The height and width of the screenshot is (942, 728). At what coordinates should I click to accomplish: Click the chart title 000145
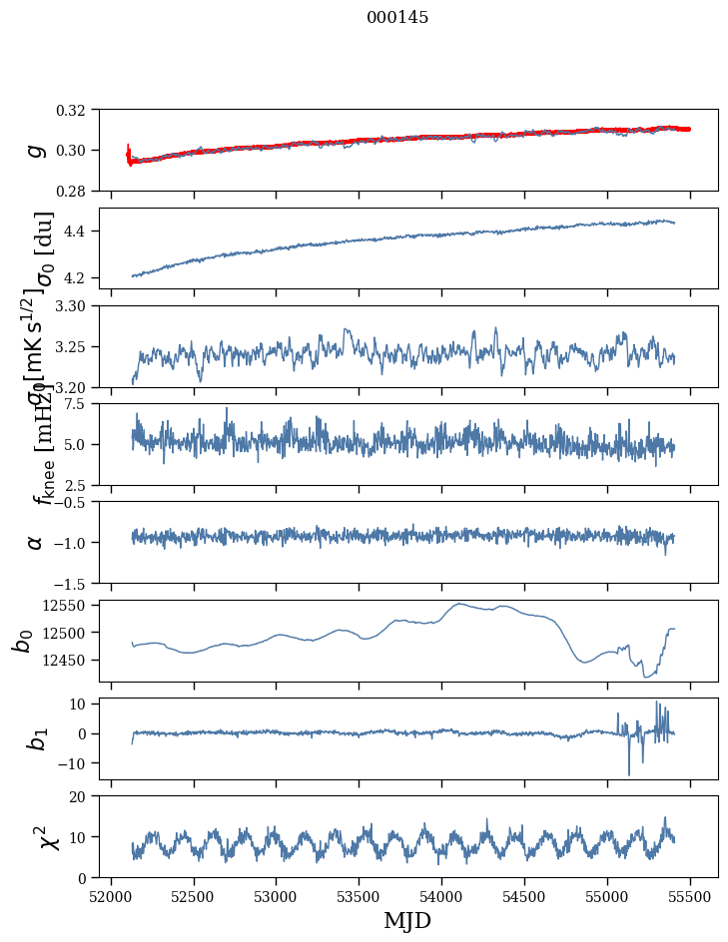[x=397, y=18]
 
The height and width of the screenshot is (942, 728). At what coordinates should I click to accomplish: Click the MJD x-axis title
[x=407, y=920]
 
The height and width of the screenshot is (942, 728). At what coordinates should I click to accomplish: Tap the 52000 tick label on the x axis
[x=111, y=895]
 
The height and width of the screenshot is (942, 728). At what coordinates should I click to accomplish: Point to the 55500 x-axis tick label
[x=690, y=895]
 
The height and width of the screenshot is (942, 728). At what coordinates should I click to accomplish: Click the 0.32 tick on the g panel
[x=76, y=110]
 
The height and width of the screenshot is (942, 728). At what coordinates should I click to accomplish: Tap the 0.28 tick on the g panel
[x=76, y=191]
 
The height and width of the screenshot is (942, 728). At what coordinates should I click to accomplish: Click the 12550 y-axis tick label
[x=69, y=605]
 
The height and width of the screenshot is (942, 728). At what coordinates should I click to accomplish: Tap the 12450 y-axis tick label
[x=69, y=661]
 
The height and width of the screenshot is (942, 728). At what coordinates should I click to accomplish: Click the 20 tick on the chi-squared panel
[x=84, y=796]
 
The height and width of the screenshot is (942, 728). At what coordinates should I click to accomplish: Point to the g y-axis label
[x=36, y=151]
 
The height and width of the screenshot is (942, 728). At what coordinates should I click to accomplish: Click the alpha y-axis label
[x=36, y=542]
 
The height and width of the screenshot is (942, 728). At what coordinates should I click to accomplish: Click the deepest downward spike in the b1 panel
[x=629, y=774]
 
